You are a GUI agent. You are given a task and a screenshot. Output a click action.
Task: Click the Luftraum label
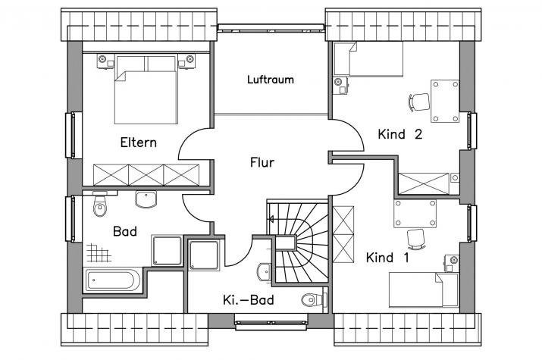click(271, 80)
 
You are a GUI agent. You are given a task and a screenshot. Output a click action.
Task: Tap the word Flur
click(262, 162)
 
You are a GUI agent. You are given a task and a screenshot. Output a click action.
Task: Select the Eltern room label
click(138, 142)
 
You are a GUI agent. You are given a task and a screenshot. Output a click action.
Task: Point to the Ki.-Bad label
click(248, 299)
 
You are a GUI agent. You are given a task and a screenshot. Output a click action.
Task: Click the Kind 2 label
click(400, 133)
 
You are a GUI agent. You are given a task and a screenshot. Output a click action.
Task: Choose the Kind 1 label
click(387, 258)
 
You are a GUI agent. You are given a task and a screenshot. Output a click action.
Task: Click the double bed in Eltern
click(146, 90)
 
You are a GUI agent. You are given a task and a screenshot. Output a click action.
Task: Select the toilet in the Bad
click(100, 204)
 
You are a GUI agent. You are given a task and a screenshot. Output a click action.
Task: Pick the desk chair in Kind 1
click(416, 239)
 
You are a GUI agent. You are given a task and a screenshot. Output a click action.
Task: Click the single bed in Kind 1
click(424, 290)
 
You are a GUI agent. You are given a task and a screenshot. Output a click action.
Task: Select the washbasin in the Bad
click(146, 199)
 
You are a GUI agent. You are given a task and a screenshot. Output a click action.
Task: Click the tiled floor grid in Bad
click(99, 252)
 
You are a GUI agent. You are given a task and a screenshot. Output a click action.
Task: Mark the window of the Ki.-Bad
click(271, 322)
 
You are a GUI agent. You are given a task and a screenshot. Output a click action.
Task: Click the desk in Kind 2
click(445, 101)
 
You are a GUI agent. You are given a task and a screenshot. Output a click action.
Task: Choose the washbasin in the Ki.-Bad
click(265, 273)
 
